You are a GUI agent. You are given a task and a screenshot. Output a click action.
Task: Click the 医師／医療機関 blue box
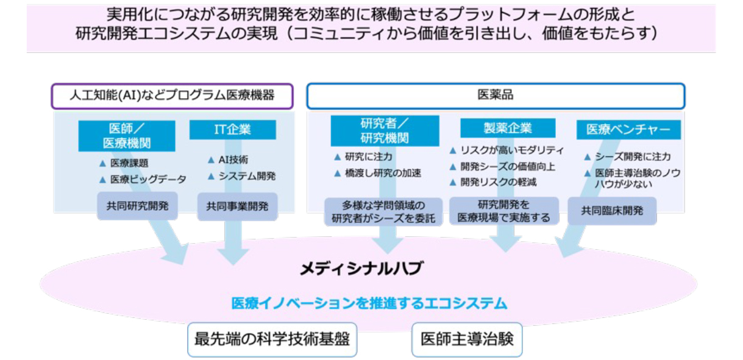(127, 136)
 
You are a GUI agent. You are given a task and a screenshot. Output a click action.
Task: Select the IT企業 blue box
(232, 130)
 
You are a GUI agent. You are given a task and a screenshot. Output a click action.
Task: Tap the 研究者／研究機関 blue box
(385, 131)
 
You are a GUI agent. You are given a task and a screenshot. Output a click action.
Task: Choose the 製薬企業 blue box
(508, 128)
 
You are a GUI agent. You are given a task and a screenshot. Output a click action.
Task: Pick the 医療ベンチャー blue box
(628, 130)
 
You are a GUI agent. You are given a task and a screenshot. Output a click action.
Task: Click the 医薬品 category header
(496, 96)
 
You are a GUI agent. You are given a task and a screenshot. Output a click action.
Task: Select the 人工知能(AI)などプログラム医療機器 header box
(172, 96)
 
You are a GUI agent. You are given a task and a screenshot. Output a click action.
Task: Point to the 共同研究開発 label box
(137, 206)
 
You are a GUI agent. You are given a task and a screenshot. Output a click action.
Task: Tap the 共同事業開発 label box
(237, 206)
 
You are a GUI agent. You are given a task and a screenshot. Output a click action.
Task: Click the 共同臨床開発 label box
(613, 211)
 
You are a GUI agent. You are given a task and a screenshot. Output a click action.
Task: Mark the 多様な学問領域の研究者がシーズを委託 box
(383, 212)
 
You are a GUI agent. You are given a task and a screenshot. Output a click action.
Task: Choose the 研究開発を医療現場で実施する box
(504, 211)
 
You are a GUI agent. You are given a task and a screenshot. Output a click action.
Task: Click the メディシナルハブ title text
(361, 268)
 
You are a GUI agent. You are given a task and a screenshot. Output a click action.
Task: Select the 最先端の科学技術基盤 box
(272, 339)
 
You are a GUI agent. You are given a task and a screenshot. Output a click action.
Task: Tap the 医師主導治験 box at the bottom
(467, 339)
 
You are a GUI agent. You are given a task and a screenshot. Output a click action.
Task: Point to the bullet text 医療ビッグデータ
(148, 179)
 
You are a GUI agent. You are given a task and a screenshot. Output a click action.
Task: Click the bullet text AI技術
(233, 160)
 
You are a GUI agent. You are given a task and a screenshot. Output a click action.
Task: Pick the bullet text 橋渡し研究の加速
(383, 173)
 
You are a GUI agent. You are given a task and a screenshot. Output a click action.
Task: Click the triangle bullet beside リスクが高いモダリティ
(453, 150)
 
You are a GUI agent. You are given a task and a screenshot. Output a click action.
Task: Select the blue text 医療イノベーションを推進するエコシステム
(369, 303)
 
